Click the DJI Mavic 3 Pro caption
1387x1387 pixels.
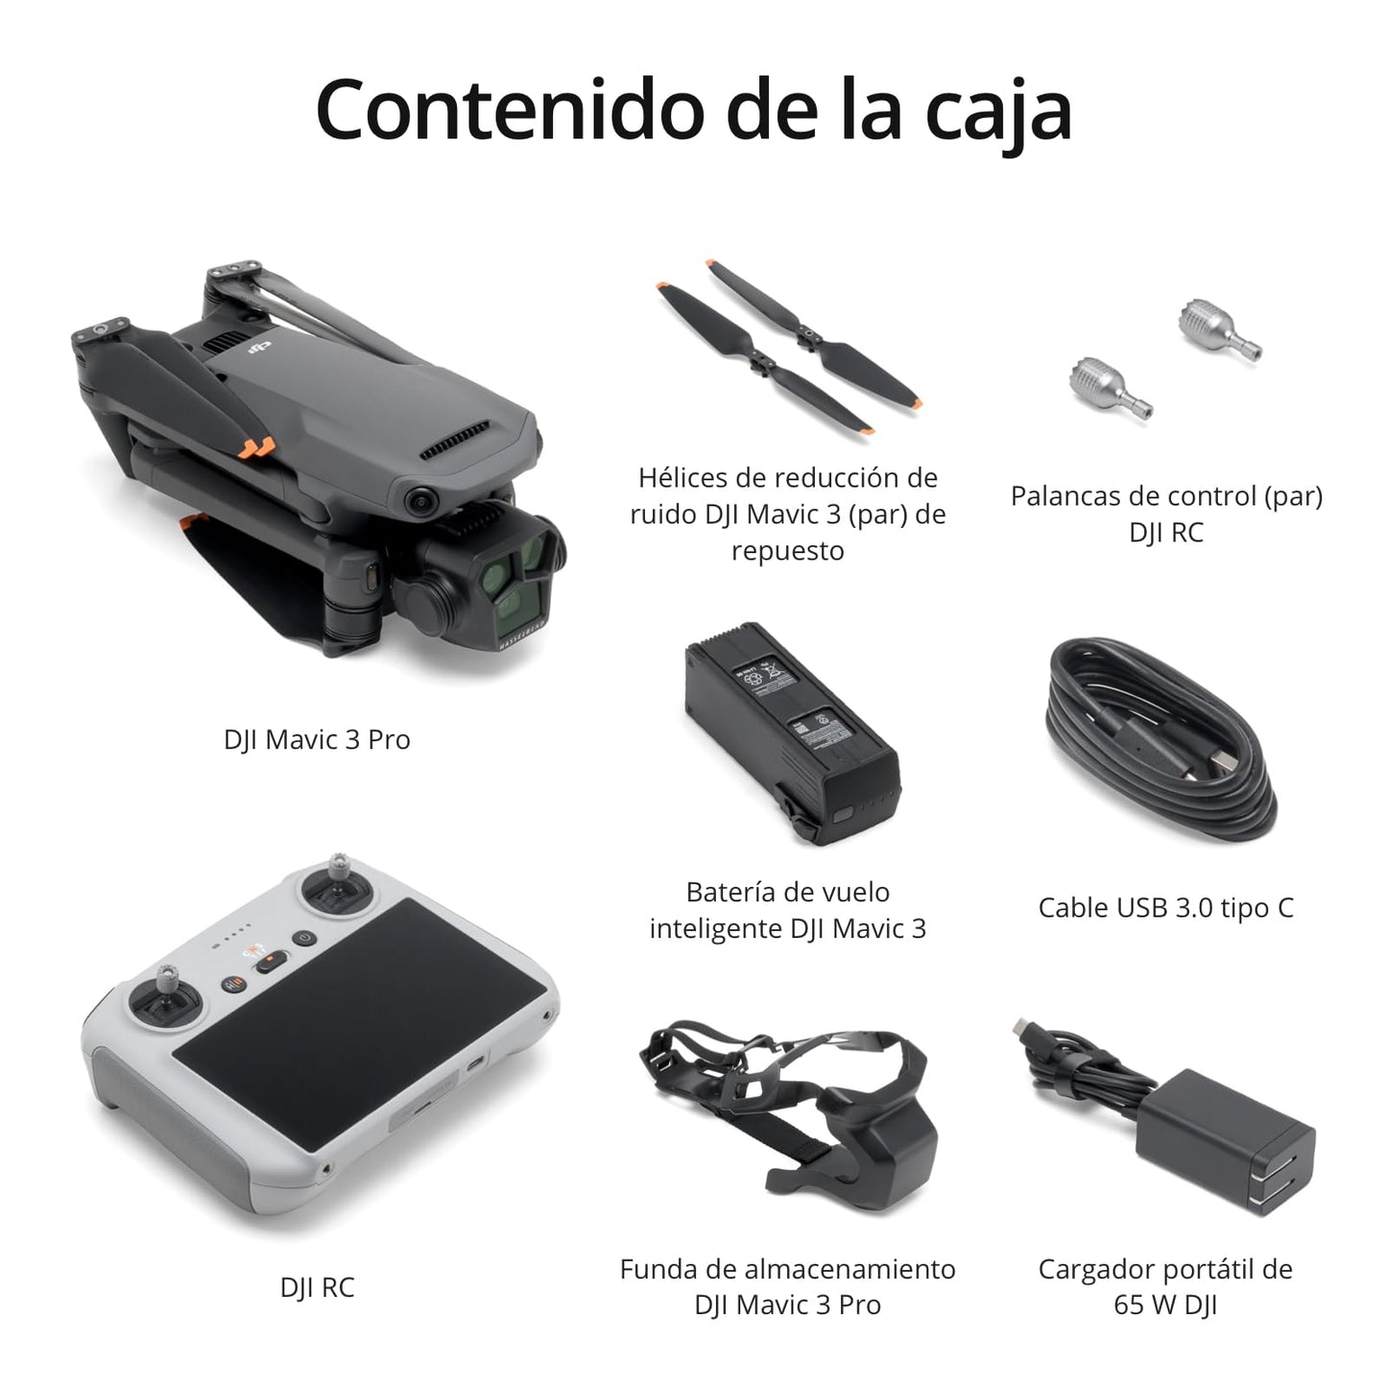point(317,739)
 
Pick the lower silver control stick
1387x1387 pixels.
point(1111,388)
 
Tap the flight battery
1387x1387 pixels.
point(792,732)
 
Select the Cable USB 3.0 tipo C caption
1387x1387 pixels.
point(1166,908)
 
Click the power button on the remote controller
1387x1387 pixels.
point(304,939)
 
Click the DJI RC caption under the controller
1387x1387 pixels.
point(317,1287)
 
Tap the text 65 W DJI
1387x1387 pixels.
point(1165,1304)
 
